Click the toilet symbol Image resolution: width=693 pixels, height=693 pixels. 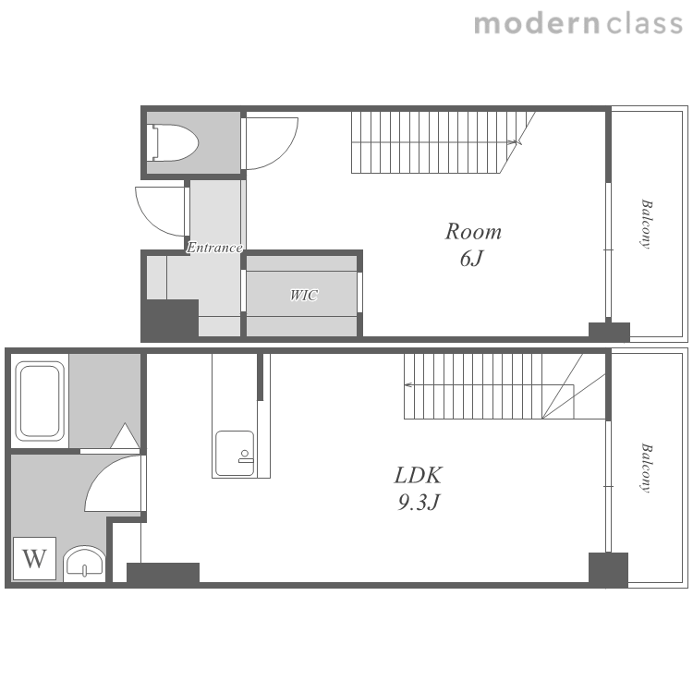click(x=174, y=142)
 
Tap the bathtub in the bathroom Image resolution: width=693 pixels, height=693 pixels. click(x=40, y=401)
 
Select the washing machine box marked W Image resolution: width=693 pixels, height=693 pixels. click(x=34, y=558)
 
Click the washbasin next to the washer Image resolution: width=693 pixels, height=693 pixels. click(x=84, y=564)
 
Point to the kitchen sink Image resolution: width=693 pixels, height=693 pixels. click(x=235, y=454)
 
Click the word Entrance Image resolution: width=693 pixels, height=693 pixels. click(x=214, y=247)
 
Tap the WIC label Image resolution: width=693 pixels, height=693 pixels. click(x=304, y=295)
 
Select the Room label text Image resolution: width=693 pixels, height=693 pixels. click(x=473, y=232)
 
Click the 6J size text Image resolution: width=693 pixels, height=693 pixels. click(x=471, y=259)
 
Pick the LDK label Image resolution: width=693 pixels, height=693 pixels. click(x=418, y=475)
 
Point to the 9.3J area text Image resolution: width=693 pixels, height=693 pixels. click(x=419, y=502)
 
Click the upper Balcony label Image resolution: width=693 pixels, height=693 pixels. click(x=646, y=225)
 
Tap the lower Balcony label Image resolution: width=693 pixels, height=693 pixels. click(x=646, y=468)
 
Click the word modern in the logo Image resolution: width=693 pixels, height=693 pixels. click(x=537, y=24)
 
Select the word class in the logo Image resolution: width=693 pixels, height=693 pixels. click(x=644, y=24)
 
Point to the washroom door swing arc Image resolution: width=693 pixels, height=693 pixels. click(x=96, y=474)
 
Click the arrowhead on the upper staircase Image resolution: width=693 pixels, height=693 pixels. click(x=513, y=142)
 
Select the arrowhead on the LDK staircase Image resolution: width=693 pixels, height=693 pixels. click(x=407, y=385)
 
